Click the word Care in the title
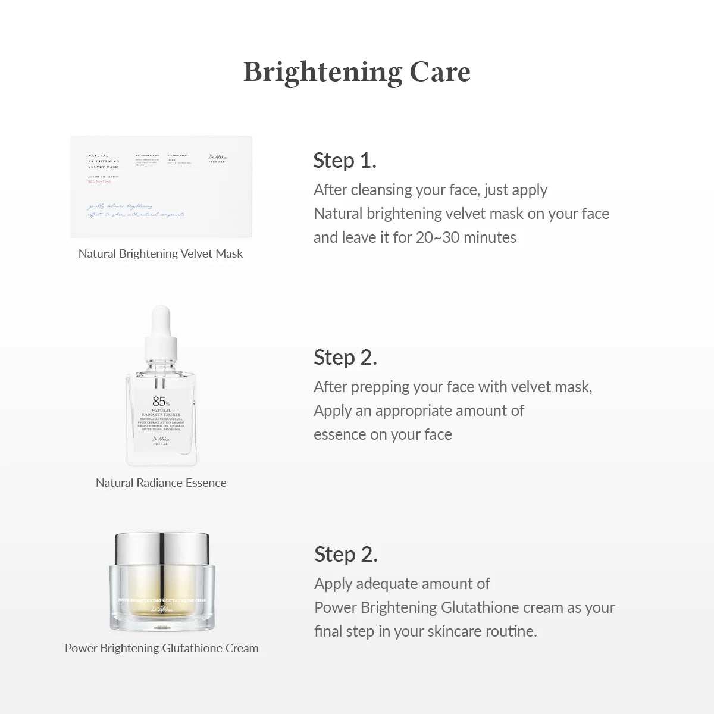[x=440, y=72]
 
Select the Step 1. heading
[x=345, y=161]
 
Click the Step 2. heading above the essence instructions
[x=345, y=358]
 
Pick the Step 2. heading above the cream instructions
[x=346, y=555]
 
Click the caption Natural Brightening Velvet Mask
[x=161, y=254]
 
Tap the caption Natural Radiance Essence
[x=161, y=483]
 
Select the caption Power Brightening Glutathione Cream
[x=161, y=649]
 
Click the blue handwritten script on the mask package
[x=136, y=210]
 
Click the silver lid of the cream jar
[x=162, y=547]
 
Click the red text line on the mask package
[x=99, y=182]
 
